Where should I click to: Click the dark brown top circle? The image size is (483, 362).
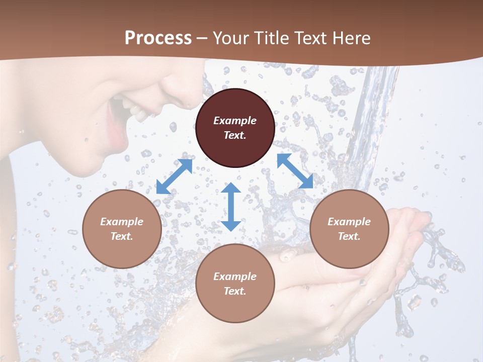click(x=235, y=128)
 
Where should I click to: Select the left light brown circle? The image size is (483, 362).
click(x=122, y=229)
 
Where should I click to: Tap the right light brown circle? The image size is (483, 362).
click(x=349, y=229)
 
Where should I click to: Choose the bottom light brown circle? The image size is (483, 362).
click(x=235, y=284)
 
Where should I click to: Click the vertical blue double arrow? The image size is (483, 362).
click(x=231, y=207)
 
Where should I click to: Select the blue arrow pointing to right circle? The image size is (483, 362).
click(x=295, y=171)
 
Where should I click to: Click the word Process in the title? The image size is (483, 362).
click(x=158, y=38)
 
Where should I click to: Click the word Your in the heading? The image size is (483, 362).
click(x=231, y=38)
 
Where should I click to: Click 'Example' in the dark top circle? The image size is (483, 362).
click(x=235, y=121)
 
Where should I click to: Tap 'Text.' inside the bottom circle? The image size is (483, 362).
click(x=235, y=291)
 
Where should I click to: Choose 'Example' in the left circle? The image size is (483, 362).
click(x=122, y=222)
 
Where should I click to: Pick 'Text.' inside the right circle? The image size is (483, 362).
click(x=349, y=236)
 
